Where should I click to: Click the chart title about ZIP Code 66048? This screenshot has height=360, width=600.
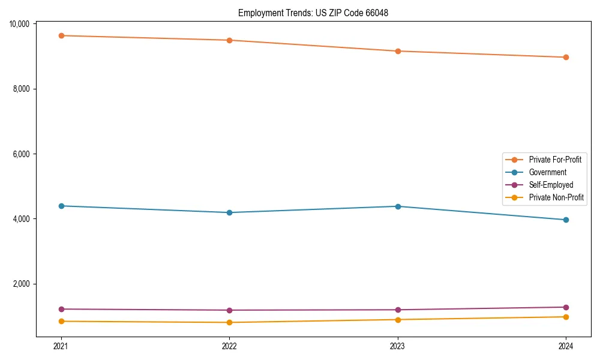point(313,13)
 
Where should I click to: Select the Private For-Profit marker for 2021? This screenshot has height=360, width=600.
point(61,35)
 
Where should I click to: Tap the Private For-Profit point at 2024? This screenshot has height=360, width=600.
point(566,58)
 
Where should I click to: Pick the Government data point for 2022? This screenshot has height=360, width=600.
point(229,212)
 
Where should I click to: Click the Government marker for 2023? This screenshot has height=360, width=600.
point(398,206)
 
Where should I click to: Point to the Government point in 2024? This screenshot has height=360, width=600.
point(566,220)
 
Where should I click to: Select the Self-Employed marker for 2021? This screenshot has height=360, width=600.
point(61,309)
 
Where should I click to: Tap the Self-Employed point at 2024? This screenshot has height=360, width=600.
point(566,307)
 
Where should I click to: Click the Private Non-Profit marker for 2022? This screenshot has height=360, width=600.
point(229,322)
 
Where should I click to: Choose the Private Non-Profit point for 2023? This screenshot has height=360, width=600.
point(398,319)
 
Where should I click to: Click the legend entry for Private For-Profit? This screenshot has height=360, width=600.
point(555,160)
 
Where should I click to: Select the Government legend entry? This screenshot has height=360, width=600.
point(547,172)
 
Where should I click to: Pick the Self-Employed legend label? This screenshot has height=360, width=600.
point(551,185)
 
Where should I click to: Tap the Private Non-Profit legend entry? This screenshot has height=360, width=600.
point(556,197)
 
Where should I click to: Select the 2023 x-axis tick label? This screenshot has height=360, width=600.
point(398,346)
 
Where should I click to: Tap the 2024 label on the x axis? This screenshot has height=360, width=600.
point(566,346)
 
